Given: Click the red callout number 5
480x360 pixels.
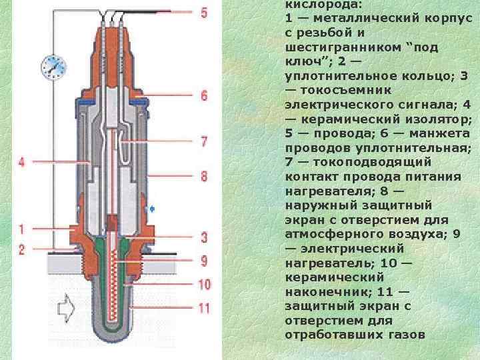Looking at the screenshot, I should point(204,12).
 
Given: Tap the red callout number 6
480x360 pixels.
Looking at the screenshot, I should point(204,96).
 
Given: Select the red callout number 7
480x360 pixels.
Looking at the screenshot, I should point(204,142).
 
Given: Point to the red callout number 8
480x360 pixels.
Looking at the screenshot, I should point(204,176).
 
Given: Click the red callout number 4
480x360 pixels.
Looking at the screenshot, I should point(21,162).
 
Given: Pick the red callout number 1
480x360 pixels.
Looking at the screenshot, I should point(21,229).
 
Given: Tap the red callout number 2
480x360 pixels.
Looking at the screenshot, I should point(21,249).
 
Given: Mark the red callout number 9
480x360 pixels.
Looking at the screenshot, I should point(204,261).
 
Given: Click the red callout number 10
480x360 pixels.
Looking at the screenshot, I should point(204,284).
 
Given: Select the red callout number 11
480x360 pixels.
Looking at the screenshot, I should point(204,308).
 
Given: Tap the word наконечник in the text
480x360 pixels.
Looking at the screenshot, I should point(321,292).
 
